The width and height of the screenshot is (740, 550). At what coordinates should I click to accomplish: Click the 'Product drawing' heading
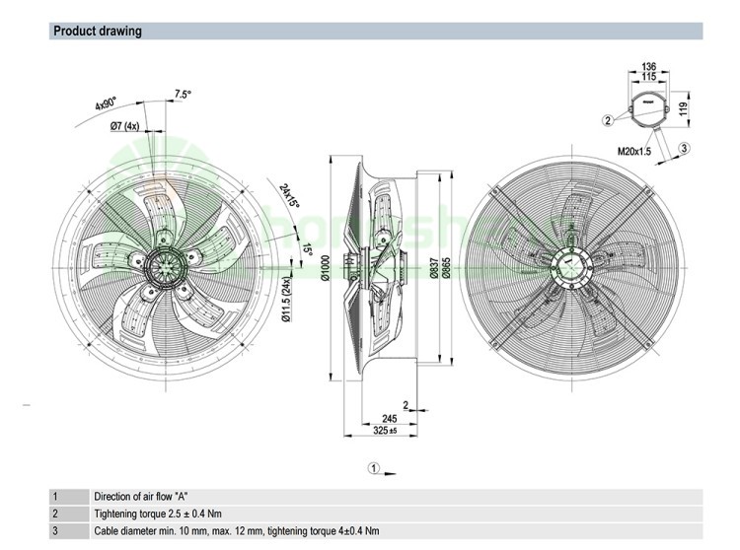(98, 32)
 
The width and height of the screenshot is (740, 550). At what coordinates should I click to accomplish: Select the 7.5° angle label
(183, 94)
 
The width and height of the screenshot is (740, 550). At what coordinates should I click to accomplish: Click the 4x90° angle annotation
(106, 104)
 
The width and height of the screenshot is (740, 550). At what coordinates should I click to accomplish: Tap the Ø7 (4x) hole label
(123, 126)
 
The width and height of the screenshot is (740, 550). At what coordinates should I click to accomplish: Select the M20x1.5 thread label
(634, 152)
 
